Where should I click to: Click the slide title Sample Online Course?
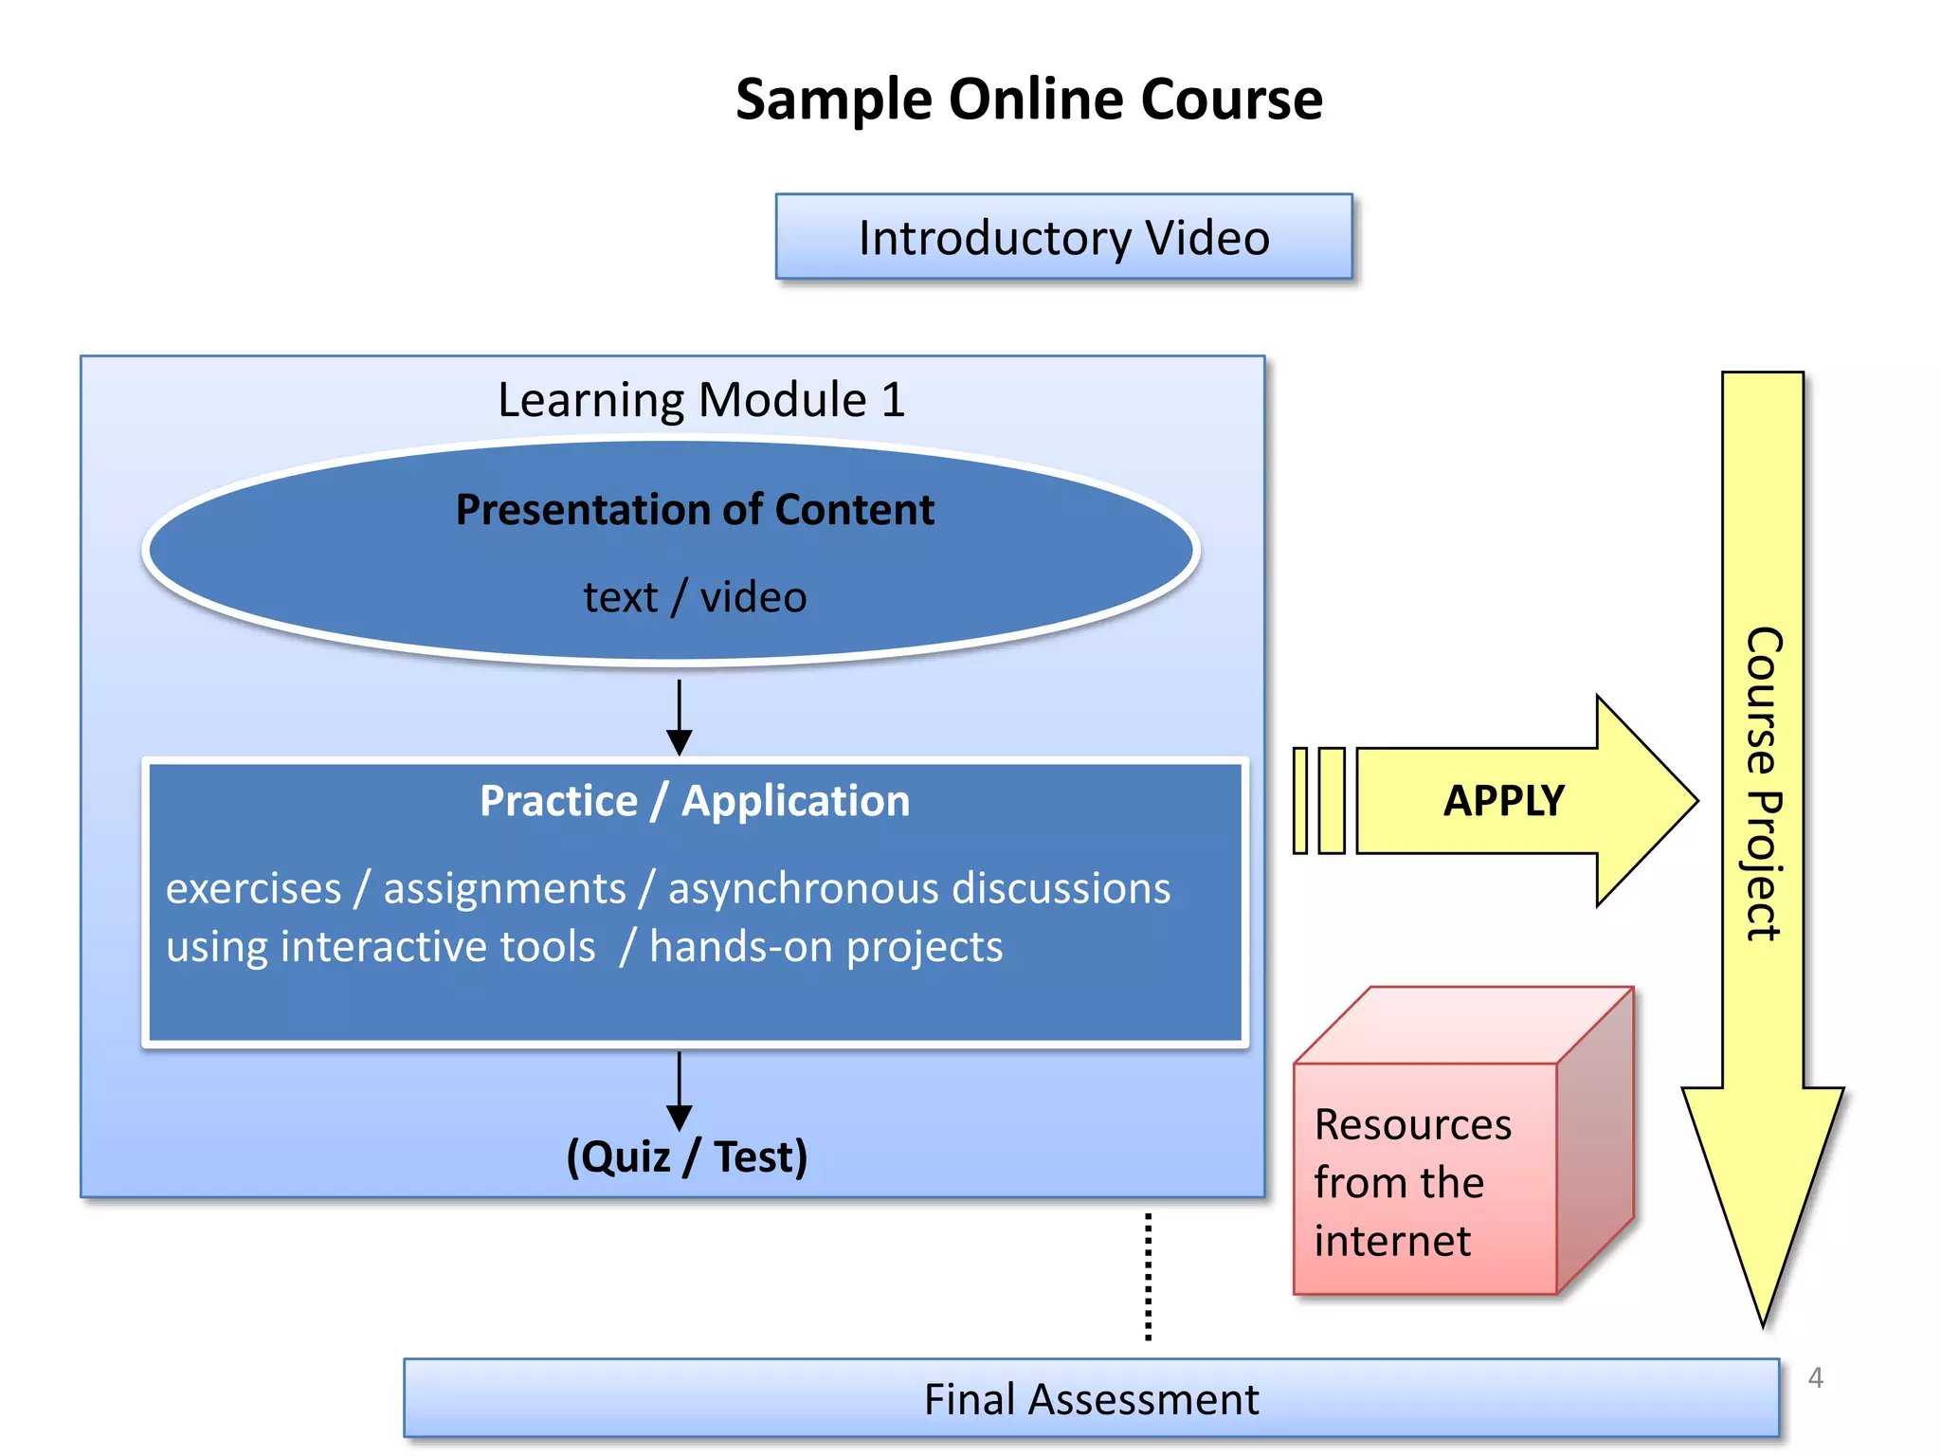1029,99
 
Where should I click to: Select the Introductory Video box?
1063,237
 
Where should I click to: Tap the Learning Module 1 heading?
701,399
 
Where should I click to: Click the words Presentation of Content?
695,510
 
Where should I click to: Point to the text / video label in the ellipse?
695,597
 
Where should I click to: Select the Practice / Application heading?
695,801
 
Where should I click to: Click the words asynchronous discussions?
919,888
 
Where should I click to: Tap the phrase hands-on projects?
825,947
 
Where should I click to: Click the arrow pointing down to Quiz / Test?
679,1090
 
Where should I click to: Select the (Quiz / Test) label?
686,1156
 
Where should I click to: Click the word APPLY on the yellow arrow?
1503,801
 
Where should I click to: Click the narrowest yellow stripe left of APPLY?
1300,801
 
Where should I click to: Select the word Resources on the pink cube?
1412,1125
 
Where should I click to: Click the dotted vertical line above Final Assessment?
1148,1277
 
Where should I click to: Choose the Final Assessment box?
1091,1399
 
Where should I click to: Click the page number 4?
1815,1377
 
